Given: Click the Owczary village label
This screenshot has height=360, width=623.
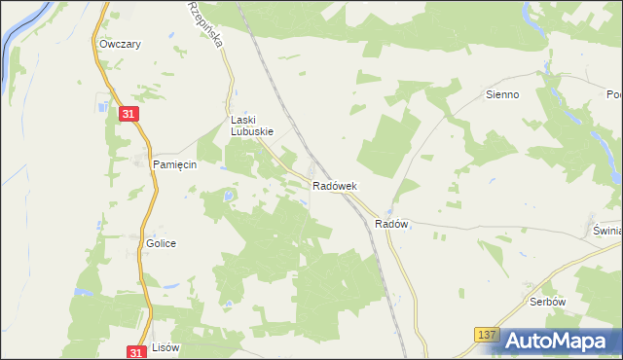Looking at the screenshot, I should [x=121, y=45].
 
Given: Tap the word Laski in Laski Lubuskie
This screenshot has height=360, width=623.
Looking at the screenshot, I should [x=241, y=121].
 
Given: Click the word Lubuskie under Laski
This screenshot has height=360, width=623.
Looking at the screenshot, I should [x=251, y=131].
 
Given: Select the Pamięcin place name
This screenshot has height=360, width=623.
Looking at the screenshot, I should [x=175, y=165].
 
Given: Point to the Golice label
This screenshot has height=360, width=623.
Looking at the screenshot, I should [x=161, y=243].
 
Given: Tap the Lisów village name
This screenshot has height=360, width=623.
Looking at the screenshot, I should [x=166, y=347].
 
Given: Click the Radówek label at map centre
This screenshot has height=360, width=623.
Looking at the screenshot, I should [x=335, y=186].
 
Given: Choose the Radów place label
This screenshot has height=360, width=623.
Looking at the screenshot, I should [x=390, y=224].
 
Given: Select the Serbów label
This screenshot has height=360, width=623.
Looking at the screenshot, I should [x=548, y=302].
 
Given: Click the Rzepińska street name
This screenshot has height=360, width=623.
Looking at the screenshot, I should [x=207, y=24].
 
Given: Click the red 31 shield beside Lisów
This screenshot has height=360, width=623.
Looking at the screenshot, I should [x=138, y=352].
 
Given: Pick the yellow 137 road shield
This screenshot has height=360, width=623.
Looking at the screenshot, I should [x=488, y=335].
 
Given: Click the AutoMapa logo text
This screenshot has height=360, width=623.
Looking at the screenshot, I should [x=562, y=341].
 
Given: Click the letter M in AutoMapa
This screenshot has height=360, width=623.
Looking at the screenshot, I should [x=567, y=341].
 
